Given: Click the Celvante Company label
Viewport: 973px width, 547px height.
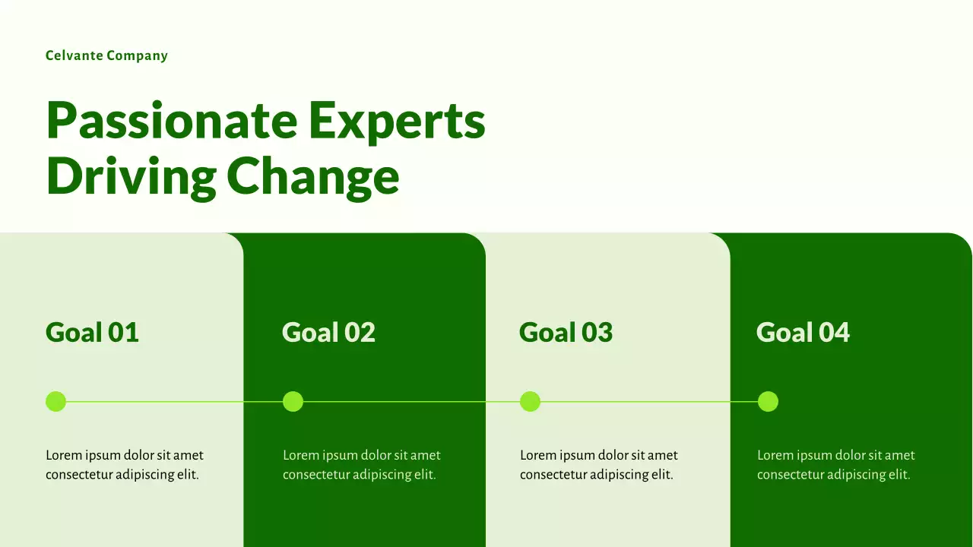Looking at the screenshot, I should click(x=106, y=55).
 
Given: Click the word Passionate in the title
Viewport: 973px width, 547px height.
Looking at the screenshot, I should click(x=171, y=121).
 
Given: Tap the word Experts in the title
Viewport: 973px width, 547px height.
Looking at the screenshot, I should click(x=396, y=121).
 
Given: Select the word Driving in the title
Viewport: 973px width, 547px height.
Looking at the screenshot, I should click(x=131, y=176).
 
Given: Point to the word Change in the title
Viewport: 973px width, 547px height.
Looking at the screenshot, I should click(x=312, y=176).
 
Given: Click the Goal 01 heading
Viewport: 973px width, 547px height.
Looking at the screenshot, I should click(x=92, y=332).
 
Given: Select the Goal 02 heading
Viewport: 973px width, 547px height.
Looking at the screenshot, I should click(x=328, y=332).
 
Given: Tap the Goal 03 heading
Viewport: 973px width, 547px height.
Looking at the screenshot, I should click(x=566, y=332).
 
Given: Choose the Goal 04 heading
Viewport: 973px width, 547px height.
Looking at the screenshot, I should click(x=803, y=332).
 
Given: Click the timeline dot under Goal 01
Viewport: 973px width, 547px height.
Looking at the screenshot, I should click(x=55, y=401).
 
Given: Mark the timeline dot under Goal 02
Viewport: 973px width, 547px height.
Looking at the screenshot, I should click(x=293, y=401).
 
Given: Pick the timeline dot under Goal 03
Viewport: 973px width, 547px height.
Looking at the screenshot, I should click(x=530, y=401).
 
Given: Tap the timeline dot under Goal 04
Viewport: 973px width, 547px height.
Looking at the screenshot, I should click(x=768, y=401).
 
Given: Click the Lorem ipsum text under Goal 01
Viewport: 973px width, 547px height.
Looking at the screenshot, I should click(x=124, y=465).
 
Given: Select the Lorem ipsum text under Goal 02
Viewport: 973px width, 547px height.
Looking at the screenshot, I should click(x=361, y=465).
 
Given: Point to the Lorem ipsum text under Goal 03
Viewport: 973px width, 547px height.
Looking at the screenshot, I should click(x=598, y=465).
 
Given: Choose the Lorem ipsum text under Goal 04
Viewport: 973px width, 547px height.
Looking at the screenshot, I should click(x=835, y=465).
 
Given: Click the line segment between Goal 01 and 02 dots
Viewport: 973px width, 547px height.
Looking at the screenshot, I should click(x=174, y=401).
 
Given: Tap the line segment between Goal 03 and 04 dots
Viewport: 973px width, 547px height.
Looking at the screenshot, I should click(x=648, y=401).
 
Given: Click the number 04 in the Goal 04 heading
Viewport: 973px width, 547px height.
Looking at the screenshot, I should click(x=834, y=332).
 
